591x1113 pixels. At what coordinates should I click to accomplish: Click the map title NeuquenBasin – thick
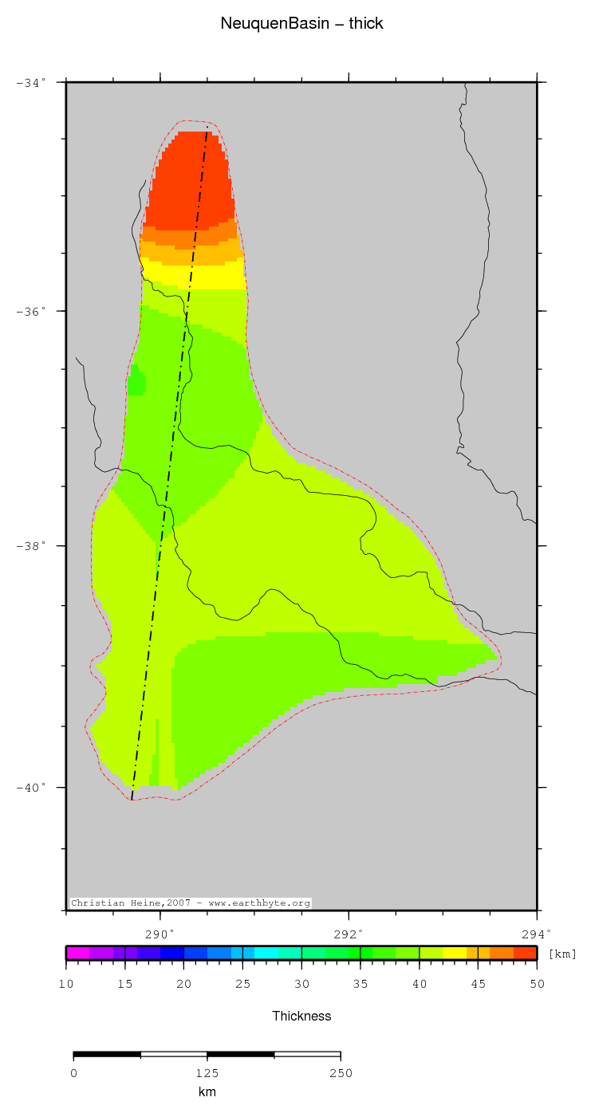(x=301, y=24)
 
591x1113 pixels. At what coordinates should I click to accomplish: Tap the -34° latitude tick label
(x=32, y=82)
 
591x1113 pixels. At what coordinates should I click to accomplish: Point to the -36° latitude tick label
(x=32, y=311)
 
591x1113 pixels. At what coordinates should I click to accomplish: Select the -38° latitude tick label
(x=32, y=546)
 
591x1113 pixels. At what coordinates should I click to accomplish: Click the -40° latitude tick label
(x=32, y=788)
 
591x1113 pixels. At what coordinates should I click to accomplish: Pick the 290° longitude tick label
(x=160, y=933)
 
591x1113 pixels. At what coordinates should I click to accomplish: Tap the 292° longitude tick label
(x=349, y=933)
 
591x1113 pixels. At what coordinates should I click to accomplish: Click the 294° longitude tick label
(x=537, y=933)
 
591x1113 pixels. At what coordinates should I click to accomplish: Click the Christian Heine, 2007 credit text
(x=190, y=903)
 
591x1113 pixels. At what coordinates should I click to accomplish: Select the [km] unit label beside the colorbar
(x=562, y=954)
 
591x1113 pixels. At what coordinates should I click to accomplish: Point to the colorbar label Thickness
(x=301, y=1016)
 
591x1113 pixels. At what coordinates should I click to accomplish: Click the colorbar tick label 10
(x=66, y=985)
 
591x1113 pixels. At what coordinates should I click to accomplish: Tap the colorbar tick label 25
(x=242, y=985)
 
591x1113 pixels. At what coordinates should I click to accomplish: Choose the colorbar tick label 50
(x=537, y=985)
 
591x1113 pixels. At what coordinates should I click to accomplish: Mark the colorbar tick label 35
(x=361, y=985)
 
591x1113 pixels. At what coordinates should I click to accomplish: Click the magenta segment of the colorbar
(x=77, y=952)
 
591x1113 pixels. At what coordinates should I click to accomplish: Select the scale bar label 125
(x=207, y=1073)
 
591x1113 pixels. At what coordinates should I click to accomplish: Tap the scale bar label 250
(x=341, y=1073)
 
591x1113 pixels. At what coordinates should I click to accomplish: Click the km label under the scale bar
(x=207, y=1092)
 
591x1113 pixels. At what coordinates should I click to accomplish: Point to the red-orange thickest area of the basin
(x=191, y=183)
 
